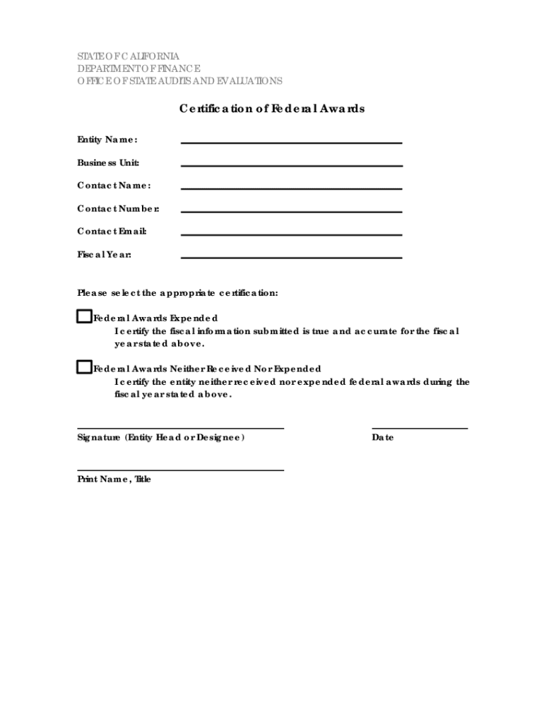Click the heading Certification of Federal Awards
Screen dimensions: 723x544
(271, 109)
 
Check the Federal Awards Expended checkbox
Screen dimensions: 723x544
(84, 316)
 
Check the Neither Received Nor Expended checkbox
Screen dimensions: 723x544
(84, 367)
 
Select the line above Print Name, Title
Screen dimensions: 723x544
(180, 469)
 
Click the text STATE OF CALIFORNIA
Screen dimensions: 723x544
(128, 56)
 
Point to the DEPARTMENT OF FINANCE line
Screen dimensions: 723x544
(138, 68)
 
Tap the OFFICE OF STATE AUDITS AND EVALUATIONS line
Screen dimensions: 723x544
(179, 81)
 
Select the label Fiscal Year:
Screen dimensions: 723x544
(104, 254)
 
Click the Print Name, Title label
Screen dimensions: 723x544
(114, 479)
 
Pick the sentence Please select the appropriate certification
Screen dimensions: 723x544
(177, 292)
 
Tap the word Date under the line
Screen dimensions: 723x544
(383, 438)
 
